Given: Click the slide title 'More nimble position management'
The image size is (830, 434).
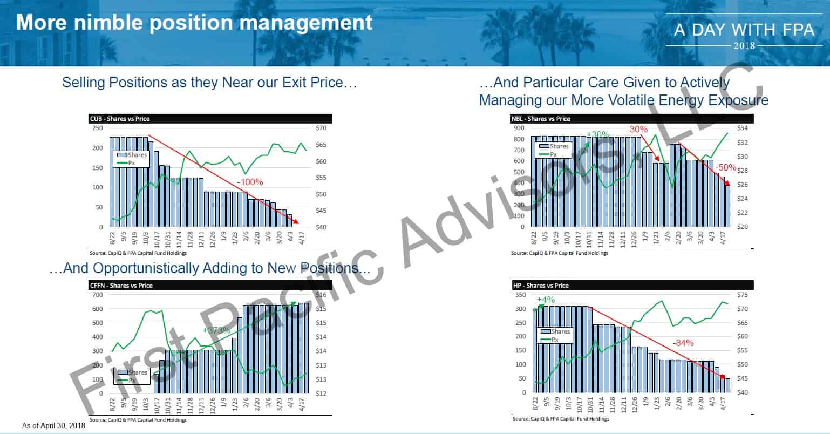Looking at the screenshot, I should pos(194,23).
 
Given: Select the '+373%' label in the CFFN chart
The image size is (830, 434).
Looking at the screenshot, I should pos(217,330).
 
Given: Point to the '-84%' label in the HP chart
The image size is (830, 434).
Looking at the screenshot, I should pos(683,343).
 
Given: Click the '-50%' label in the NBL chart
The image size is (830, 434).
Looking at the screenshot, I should pos(726,168).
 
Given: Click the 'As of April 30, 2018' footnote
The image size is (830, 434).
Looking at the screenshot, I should pos(53,426).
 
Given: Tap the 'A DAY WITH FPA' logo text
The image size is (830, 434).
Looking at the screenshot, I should pos(744,30).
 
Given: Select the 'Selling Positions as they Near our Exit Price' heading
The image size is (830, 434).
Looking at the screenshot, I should pos(209,83).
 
